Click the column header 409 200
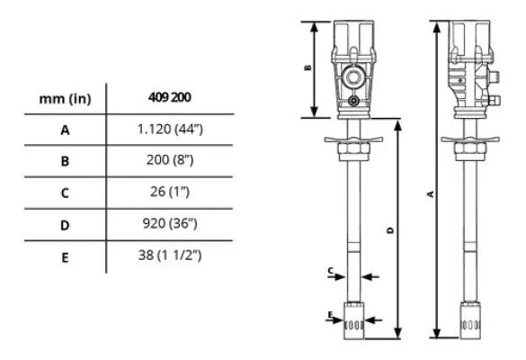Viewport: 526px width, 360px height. point(169,97)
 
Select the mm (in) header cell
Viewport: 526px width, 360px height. point(65,99)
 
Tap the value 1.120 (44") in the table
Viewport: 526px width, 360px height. point(170,129)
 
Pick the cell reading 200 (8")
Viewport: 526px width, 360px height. point(170,160)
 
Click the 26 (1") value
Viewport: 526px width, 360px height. point(170,192)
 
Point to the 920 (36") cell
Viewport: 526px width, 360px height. point(170,223)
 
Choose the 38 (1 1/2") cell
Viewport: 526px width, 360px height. point(170,256)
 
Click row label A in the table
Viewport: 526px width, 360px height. point(65,130)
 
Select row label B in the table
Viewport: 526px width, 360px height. point(65,161)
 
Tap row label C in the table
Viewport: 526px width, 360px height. point(65,193)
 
